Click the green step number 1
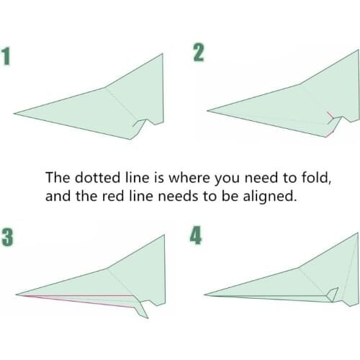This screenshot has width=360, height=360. pyautogui.click(x=8, y=58)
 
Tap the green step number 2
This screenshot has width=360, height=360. pyautogui.click(x=198, y=53)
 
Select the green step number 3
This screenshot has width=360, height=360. pyautogui.click(x=8, y=238)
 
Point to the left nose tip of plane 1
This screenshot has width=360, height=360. pyautogui.click(x=15, y=113)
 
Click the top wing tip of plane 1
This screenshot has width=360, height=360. pyautogui.click(x=163, y=53)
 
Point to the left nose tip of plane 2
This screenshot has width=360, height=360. pyautogui.click(x=208, y=111)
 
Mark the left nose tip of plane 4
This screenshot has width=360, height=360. pyautogui.click(x=206, y=294)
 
